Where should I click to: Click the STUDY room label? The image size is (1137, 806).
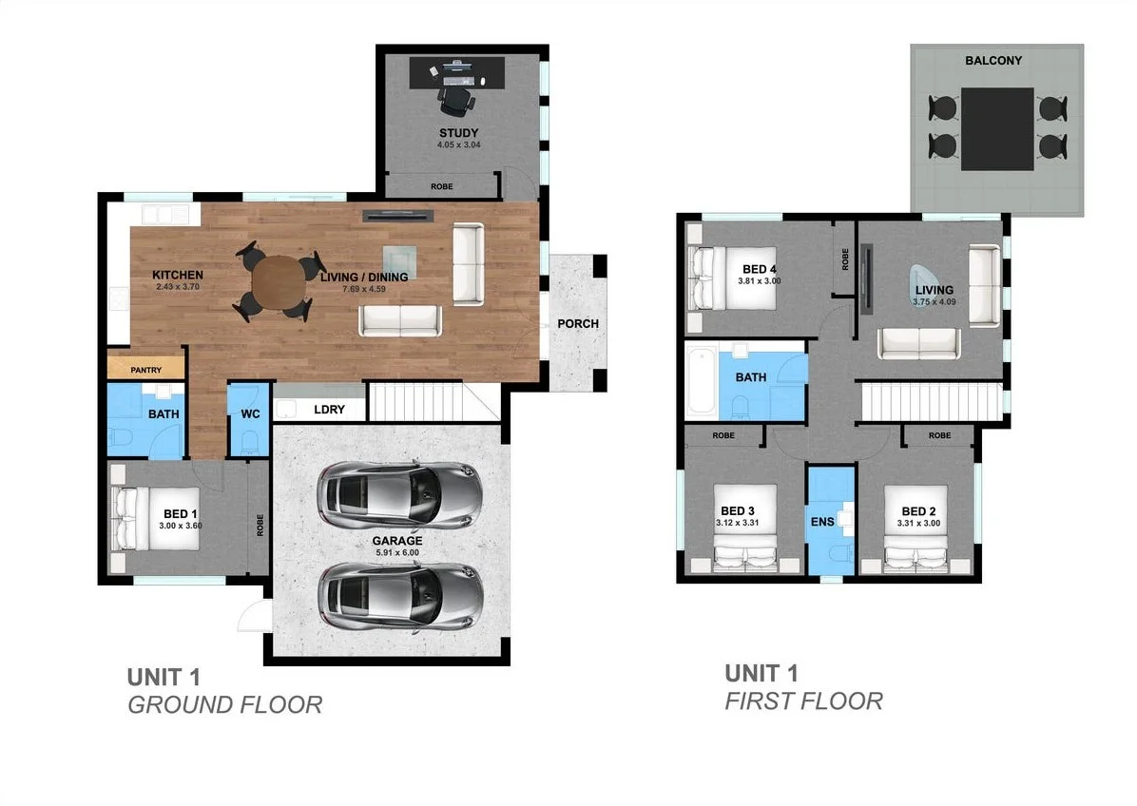coord(458,132)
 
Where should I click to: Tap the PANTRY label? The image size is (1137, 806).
coord(145,370)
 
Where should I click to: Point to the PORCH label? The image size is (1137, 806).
coord(578,323)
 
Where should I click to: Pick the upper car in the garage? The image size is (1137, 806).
coord(399,494)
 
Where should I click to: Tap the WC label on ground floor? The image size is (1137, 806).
coord(250,413)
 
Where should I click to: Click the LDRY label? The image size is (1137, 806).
coord(328,411)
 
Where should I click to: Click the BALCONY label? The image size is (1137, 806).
coord(993,60)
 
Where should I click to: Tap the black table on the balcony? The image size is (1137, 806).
coord(996,128)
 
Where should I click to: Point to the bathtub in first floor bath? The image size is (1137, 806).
coord(702,382)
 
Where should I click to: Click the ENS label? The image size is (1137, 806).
coord(821,521)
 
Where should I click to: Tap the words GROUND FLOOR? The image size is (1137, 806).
coord(224,705)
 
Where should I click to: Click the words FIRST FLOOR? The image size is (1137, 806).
coord(803,701)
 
